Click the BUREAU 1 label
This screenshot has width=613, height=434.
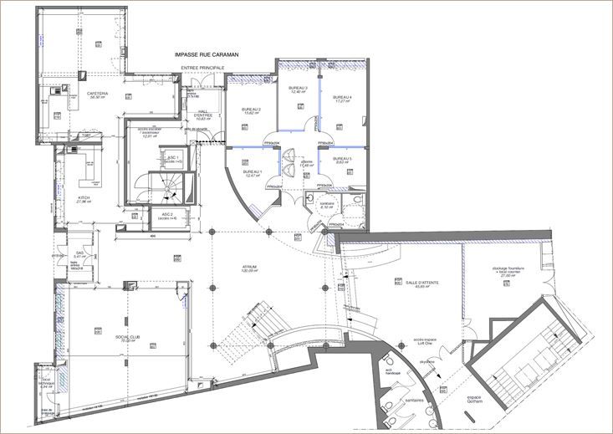pyautogui.click(x=253, y=173)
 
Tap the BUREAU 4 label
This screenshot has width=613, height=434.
pyautogui.click(x=342, y=99)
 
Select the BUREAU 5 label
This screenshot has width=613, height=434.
pyautogui.click(x=340, y=160)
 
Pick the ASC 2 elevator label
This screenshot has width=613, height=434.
pyautogui.click(x=167, y=215)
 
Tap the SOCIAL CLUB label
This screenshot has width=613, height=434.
pyautogui.click(x=127, y=339)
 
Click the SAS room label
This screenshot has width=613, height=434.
pyautogui.click(x=79, y=253)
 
